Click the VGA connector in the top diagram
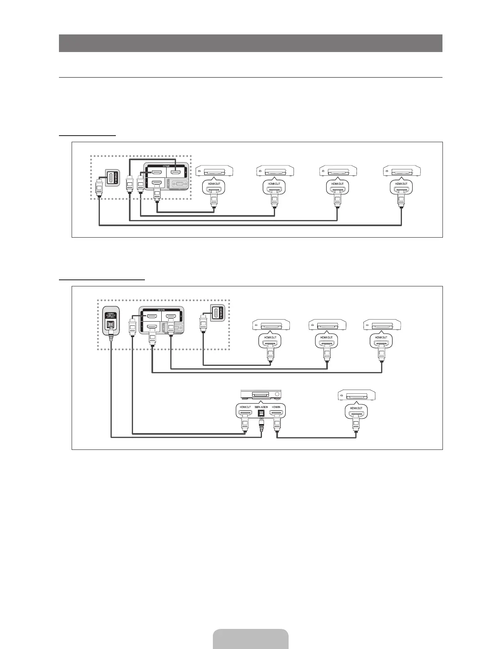176,185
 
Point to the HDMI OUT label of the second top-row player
274,184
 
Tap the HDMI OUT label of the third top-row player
337,184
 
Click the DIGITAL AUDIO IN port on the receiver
261,413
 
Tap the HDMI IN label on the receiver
277,407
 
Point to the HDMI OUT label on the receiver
245,407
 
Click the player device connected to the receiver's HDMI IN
356,395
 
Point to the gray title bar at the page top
250,43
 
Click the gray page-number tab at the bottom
250,639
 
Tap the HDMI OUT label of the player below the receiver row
356,408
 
